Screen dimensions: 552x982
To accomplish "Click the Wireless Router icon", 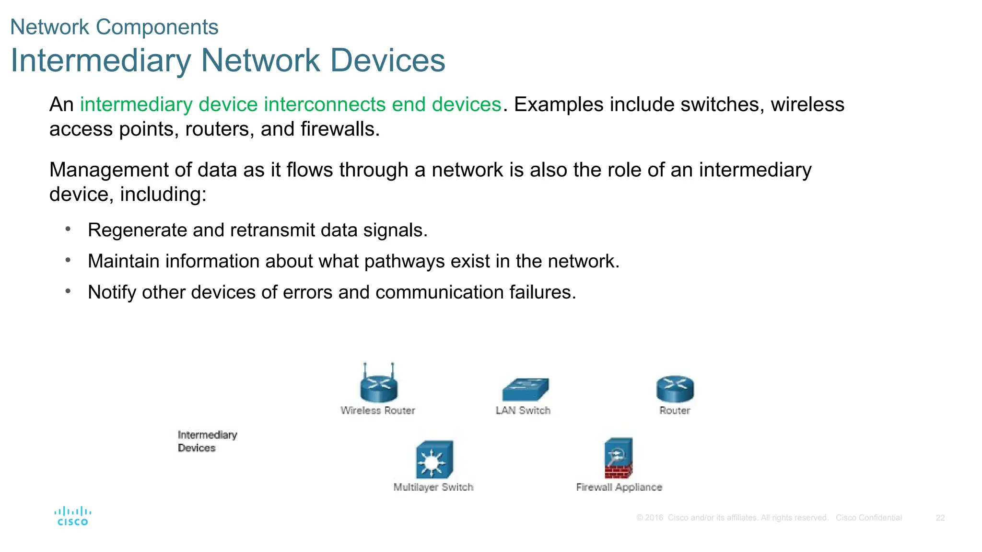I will click(x=379, y=386).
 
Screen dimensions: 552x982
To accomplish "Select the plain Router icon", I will click(x=675, y=389).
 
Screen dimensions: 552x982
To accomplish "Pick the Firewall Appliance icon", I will click(x=618, y=459).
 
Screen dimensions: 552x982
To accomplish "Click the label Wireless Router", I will click(x=378, y=411).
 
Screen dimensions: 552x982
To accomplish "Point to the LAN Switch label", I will click(x=523, y=411).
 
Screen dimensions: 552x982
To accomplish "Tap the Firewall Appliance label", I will click(x=619, y=487).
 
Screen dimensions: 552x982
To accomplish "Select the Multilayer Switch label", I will click(x=433, y=487).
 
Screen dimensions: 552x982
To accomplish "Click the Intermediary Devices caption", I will click(x=207, y=441).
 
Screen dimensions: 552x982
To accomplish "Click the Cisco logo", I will click(x=72, y=517).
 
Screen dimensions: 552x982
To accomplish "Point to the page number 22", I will click(x=940, y=518).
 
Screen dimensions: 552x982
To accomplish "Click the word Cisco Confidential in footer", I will click(x=868, y=518).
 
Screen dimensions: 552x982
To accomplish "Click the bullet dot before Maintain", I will click(x=68, y=260).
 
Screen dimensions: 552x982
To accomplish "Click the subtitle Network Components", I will click(x=114, y=27).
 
